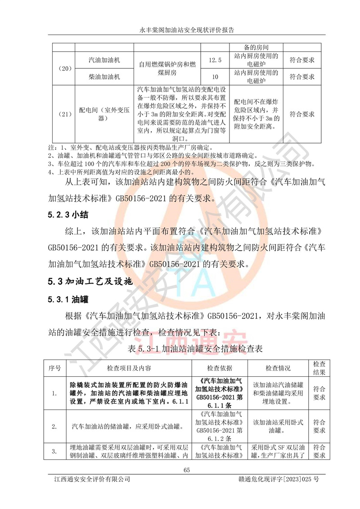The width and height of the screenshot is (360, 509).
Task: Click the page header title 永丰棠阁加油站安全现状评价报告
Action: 180,30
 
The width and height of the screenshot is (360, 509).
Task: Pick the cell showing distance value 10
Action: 216,77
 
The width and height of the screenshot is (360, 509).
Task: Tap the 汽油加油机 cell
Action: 104,60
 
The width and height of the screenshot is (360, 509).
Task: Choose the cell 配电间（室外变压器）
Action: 104,114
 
